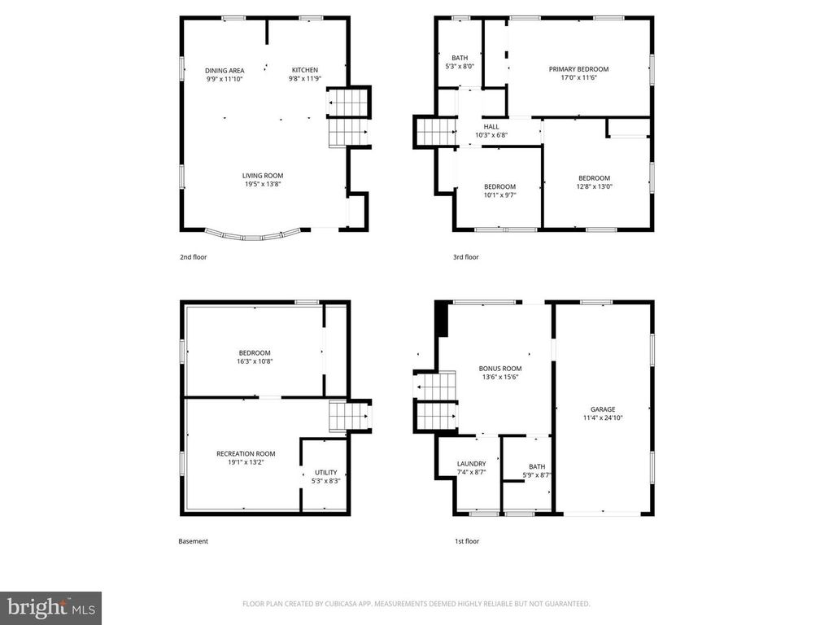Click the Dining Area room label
[x=224, y=71]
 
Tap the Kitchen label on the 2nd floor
[x=305, y=70]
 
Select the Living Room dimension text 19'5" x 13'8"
[x=263, y=184]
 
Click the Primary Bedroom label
[x=578, y=69]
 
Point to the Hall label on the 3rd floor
[x=491, y=127]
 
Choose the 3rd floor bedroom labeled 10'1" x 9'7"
[x=499, y=186]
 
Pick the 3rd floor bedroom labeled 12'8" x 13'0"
[x=594, y=178]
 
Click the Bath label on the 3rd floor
[x=460, y=58]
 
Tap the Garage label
[x=603, y=409]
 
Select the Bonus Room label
[x=499, y=369]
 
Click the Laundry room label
[x=471, y=464]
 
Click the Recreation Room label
[x=246, y=454]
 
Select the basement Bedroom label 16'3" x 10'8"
[x=255, y=352]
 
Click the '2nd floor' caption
[x=193, y=257]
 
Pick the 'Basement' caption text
[x=194, y=541]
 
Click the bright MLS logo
[x=50, y=607]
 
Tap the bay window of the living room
[x=255, y=236]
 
